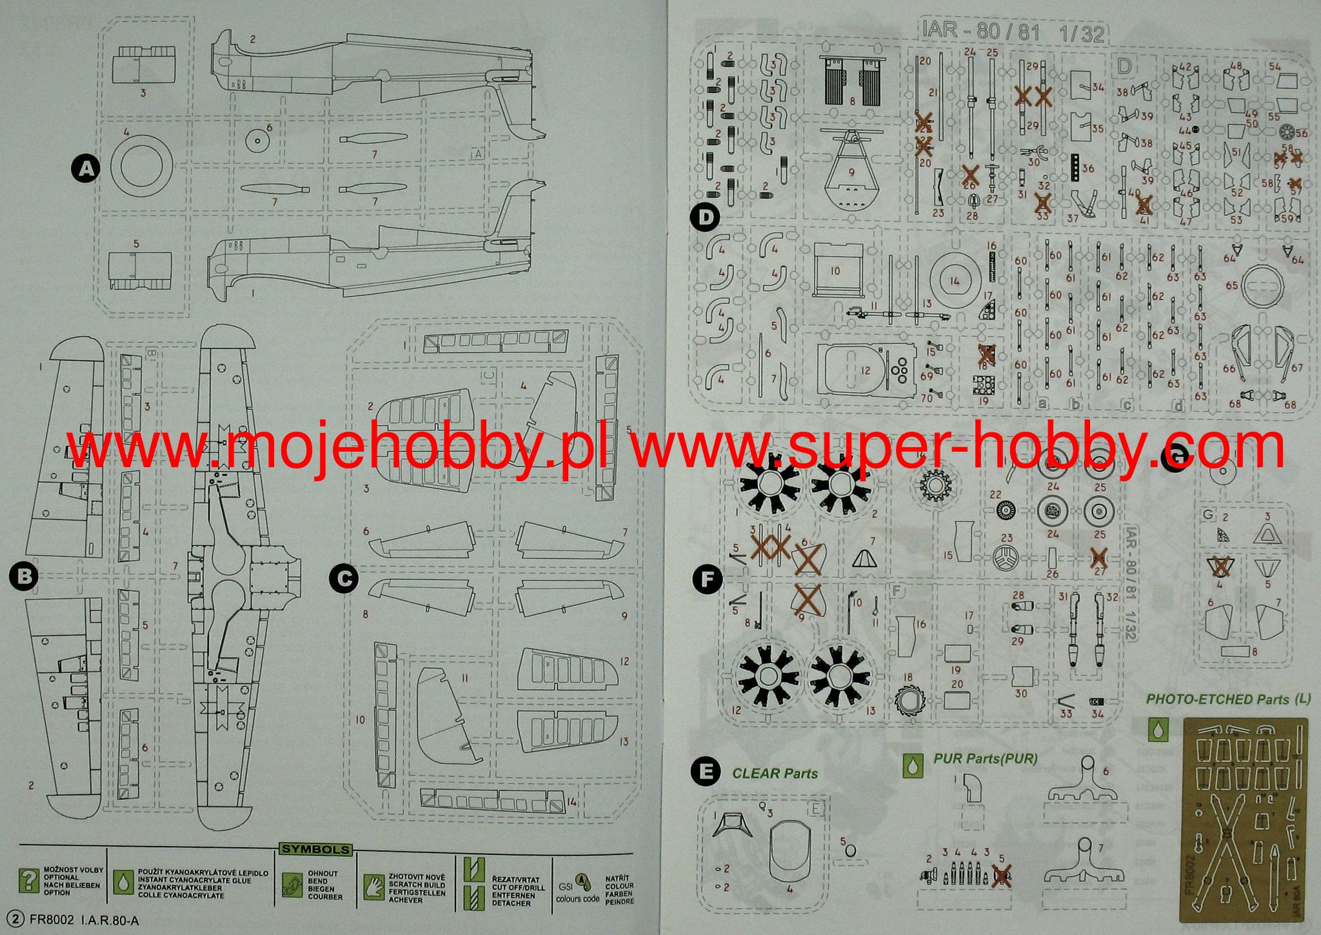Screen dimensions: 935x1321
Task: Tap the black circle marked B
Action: (25, 576)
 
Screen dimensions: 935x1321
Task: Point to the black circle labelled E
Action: (706, 772)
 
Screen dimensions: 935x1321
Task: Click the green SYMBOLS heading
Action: (315, 850)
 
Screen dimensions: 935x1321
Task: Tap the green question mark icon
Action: (28, 881)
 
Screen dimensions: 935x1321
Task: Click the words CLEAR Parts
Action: (775, 773)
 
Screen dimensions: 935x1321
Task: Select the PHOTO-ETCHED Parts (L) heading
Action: (1228, 699)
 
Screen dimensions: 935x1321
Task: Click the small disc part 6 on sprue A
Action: (257, 141)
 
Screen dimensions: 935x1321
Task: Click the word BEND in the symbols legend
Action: (318, 881)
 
